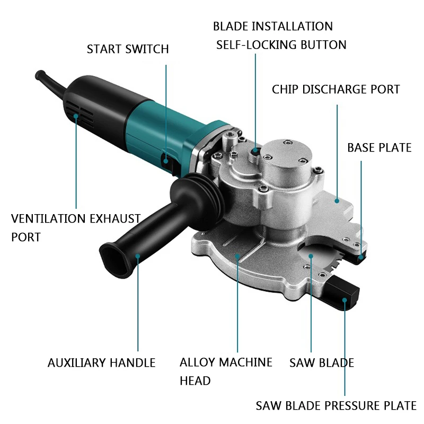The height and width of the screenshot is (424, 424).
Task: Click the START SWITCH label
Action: tap(128, 49)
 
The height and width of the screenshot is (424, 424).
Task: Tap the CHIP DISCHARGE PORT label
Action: tap(335, 90)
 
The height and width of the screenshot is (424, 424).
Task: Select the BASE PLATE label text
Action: tap(379, 148)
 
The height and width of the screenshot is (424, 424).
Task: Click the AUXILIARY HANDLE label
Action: tap(101, 363)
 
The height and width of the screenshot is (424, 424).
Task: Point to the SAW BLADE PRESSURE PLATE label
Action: tap(336, 405)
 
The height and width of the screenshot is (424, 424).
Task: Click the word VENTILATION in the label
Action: tap(48, 218)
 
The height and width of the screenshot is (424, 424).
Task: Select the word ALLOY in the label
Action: tap(197, 363)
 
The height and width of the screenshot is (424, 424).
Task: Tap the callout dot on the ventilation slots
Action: tap(76, 116)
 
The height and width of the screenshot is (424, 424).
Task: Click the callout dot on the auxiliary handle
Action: tap(138, 256)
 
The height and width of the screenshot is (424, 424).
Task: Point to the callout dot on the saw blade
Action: tap(311, 256)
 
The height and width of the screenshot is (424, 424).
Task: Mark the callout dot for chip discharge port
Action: tap(337, 201)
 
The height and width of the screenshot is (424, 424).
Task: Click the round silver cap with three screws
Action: tap(286, 157)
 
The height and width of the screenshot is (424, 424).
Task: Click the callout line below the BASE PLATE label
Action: tap(361, 208)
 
